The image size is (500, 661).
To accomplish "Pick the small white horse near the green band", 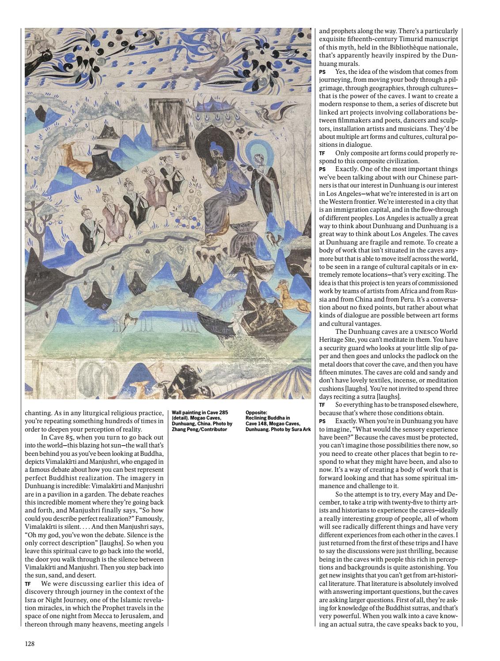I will [x=128, y=319].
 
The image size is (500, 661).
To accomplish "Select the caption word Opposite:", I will [x=256, y=413].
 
